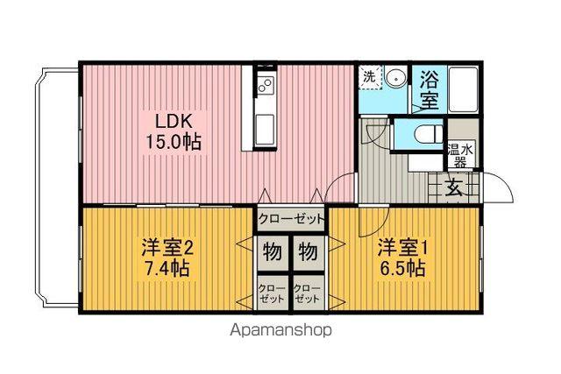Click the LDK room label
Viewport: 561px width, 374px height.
pos(174,121)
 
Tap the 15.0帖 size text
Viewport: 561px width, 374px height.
pos(174,140)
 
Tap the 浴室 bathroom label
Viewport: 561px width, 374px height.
pos(430,88)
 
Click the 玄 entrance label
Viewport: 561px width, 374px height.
pos(453,187)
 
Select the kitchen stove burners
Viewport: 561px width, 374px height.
pos(266,84)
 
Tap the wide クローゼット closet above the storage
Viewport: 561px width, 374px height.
pos(291,218)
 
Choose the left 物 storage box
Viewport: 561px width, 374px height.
pos(273,253)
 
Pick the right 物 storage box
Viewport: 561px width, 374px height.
pos(308,253)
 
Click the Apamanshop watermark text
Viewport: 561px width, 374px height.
pos(280,331)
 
